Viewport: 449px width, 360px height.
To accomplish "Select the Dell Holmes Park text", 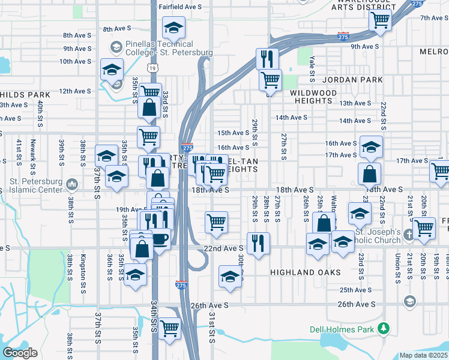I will point(342,329).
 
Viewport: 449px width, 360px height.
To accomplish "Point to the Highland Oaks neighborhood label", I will point(306,272).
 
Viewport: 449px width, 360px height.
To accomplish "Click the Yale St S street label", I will point(312,69).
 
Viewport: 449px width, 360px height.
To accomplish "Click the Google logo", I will point(20,353).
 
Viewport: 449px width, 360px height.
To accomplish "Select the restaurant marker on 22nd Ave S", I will point(258,242).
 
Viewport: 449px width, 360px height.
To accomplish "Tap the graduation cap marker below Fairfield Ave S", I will point(173,28).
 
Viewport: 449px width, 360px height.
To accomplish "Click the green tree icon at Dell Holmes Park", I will point(382,329).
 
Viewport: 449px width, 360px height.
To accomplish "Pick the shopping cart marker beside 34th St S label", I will point(170,329).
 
